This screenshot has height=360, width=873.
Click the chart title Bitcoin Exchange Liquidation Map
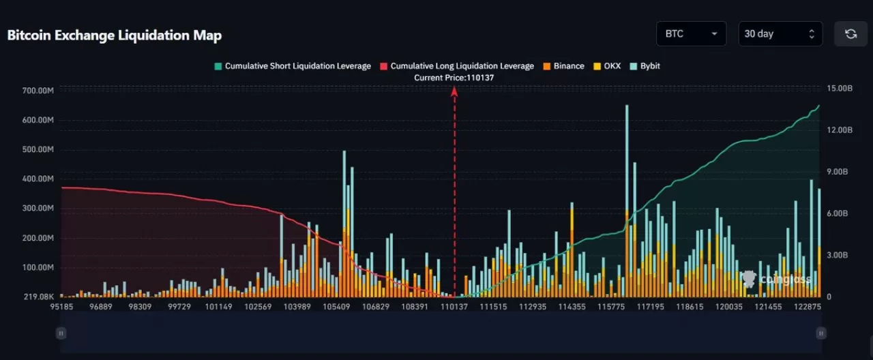coord(115,35)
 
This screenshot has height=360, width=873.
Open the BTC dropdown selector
coord(690,34)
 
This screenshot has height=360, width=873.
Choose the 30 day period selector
coord(780,34)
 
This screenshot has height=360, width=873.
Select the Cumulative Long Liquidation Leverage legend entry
coord(456,66)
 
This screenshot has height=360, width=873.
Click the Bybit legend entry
coord(645,66)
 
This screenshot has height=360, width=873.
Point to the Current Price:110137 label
coord(454,78)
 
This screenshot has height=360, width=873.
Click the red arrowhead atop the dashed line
coord(454,91)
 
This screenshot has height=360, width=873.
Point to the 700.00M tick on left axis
coord(38,91)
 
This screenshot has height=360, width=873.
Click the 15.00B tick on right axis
coord(840,89)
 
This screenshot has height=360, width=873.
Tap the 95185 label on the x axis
coord(61,307)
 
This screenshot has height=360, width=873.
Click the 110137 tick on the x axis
coord(454,307)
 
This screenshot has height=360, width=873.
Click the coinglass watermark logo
coord(778,279)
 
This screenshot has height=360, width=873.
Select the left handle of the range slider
coord(61,333)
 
